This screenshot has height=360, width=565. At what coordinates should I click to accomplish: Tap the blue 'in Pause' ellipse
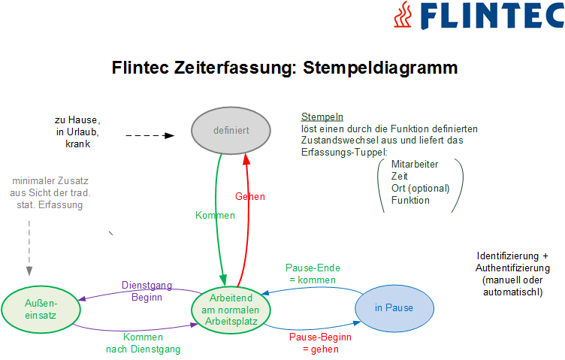coord(394,308)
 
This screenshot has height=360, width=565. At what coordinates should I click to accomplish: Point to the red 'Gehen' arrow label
coord(249,197)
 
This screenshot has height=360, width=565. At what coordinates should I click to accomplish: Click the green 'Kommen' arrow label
coord(215,215)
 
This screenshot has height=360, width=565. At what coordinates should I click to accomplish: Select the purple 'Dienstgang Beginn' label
coord(147,292)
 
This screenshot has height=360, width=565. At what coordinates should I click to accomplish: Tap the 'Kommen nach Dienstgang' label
coord(142,343)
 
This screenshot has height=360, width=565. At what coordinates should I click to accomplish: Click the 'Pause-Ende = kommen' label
coord(314,274)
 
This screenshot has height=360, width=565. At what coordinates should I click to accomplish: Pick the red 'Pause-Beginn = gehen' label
coord(320,343)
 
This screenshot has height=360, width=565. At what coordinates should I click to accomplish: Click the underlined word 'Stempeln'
coord(322,117)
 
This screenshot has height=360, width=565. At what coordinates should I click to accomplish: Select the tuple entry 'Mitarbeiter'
coord(415,164)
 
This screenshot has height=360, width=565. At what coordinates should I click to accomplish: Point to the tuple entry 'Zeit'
coord(400,176)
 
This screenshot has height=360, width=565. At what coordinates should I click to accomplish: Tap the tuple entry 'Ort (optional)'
coord(420,188)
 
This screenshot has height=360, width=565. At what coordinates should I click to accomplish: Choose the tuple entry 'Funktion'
coord(410,200)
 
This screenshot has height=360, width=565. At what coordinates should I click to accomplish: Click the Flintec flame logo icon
coord(403,14)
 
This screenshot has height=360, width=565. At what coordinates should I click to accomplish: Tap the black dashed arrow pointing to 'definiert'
coord(150,136)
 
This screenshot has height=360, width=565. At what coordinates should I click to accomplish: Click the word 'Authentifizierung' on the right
coord(513,268)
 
